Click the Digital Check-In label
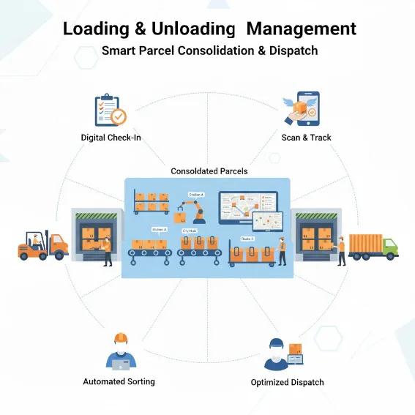coord(111,137)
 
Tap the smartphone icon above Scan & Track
coord(305,109)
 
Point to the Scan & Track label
coord(306,137)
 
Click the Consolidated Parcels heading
coord(209,171)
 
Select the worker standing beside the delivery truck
coord(340,250)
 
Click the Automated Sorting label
coord(119,381)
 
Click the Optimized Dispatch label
coord(287,382)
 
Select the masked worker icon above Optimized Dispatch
coord(276,354)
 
